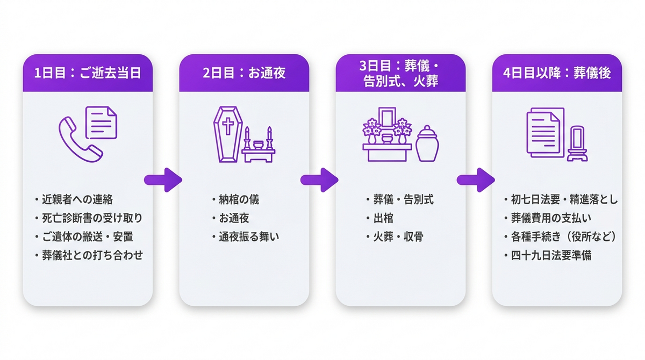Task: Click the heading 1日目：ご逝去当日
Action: pyautogui.click(x=88, y=73)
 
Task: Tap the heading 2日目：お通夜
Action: pyautogui.click(x=244, y=73)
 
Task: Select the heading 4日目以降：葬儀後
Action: pyautogui.click(x=557, y=73)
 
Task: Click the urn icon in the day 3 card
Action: pyautogui.click(x=427, y=143)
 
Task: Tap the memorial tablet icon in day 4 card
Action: pyautogui.click(x=577, y=143)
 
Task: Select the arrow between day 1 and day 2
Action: pyautogui.click(x=163, y=180)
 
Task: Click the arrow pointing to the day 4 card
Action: pyautogui.click(x=476, y=180)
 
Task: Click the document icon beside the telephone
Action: pyautogui.click(x=102, y=123)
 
